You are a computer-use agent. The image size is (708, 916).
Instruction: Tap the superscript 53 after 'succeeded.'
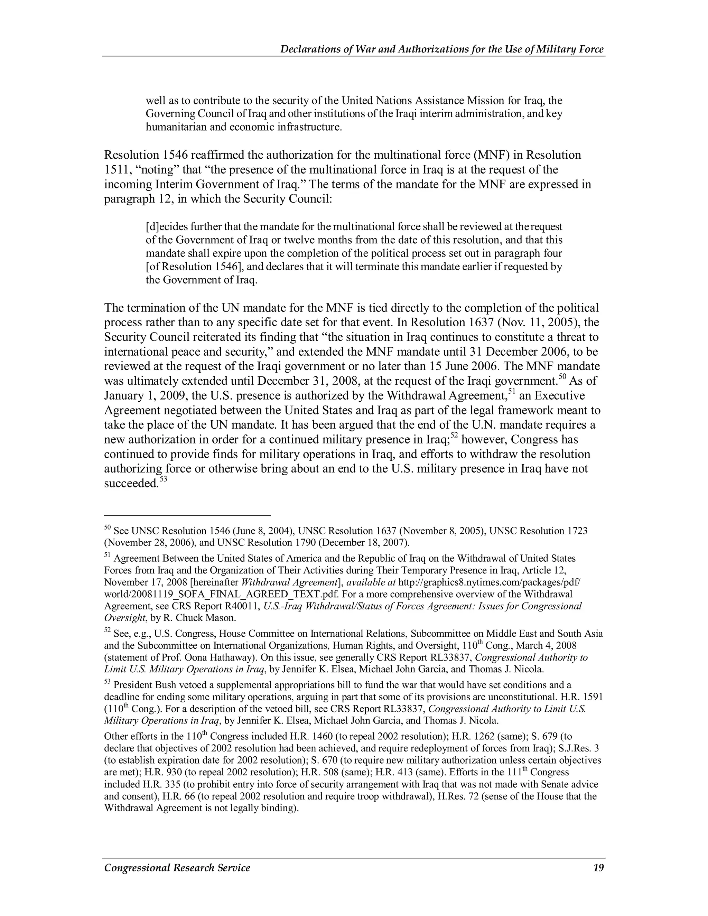[x=164, y=479]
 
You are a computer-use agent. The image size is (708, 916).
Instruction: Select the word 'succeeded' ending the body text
[x=130, y=484]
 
